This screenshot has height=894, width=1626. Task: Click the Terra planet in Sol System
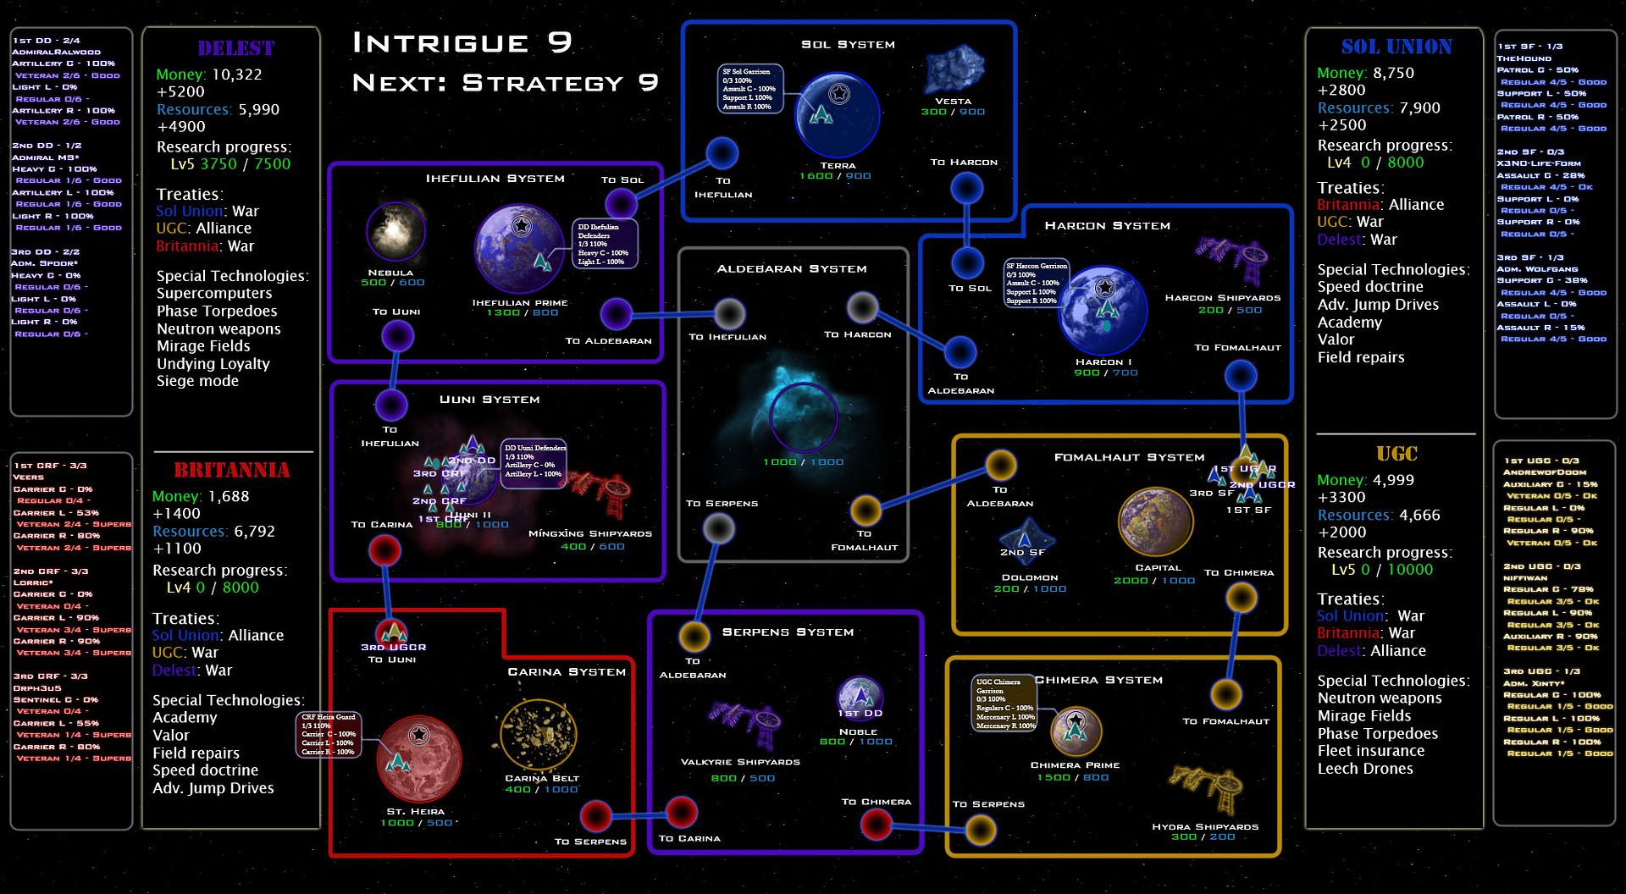837,114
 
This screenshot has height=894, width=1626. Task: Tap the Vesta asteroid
954,70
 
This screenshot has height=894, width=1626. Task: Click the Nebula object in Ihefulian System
395,231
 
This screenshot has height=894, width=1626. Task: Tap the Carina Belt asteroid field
539,734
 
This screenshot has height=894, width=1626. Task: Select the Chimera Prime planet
1076,731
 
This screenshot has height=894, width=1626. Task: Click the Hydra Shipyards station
1206,787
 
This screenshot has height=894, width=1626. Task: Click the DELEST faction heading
235,48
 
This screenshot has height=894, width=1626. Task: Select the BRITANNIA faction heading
231,470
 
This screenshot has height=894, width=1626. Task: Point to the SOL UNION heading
1396,47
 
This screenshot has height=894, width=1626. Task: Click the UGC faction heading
1396,454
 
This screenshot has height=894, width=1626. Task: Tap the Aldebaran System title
791,268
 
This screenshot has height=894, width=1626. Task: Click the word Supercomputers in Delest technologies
214,293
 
